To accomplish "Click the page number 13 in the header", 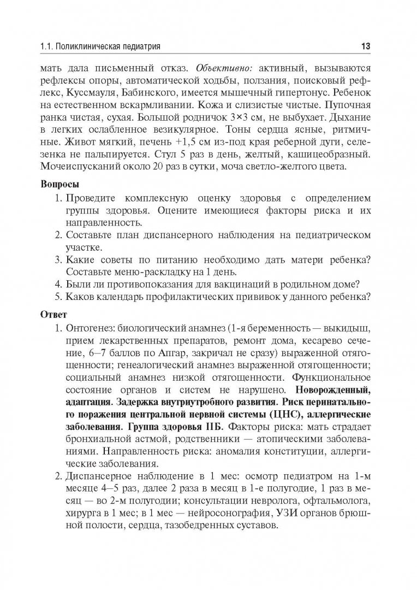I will [x=366, y=46].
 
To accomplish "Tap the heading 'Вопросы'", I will [x=60, y=184].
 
